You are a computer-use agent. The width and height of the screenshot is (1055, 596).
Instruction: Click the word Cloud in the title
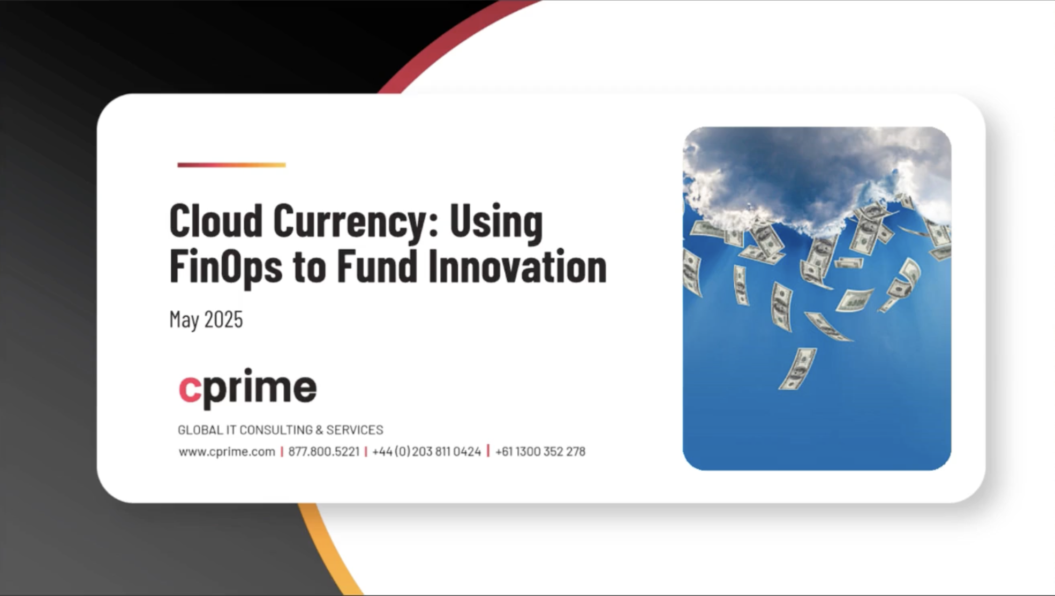(x=216, y=220)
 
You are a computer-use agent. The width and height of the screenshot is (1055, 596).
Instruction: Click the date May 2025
(x=206, y=320)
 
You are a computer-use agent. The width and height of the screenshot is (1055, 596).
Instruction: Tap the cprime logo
(x=247, y=389)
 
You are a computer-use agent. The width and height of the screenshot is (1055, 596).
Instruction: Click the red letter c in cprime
(x=190, y=389)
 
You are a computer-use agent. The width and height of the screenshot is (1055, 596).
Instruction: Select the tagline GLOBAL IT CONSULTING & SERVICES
(x=281, y=430)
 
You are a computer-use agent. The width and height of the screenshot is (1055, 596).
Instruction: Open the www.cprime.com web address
(x=227, y=452)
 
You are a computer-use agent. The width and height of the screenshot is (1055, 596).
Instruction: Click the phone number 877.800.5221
(x=324, y=452)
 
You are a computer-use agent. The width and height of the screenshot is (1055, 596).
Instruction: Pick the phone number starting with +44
(x=427, y=452)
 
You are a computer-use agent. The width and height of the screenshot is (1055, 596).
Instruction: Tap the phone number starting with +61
(x=540, y=452)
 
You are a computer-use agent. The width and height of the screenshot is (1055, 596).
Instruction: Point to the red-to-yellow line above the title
(x=231, y=165)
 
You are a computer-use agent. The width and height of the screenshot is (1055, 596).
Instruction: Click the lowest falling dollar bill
(x=797, y=369)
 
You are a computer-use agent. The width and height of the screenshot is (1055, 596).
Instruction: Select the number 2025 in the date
(x=223, y=320)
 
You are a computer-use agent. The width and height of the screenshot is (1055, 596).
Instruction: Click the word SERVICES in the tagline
(x=355, y=430)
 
